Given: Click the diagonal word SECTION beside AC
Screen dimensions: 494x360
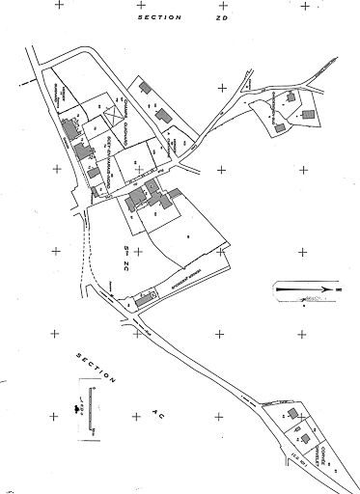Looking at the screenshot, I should tap(97, 370).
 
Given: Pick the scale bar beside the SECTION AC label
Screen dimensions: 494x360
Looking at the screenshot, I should tap(91, 400).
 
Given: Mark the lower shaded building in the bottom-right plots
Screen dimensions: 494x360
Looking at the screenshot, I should tap(308, 440).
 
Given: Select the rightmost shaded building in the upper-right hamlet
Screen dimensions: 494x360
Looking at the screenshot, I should tap(308, 115).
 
